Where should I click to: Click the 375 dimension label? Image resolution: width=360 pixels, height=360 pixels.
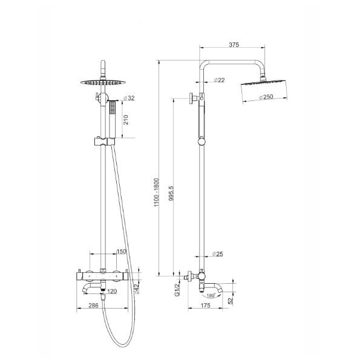point(234,45)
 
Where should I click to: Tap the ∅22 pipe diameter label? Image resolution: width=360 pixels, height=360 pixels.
point(219,80)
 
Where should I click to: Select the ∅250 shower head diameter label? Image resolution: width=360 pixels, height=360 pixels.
point(266,97)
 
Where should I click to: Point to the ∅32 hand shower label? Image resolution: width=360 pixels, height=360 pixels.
point(129,98)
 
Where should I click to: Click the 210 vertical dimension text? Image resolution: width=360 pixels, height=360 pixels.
point(126,120)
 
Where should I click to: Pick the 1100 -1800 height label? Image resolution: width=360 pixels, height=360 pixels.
point(156,192)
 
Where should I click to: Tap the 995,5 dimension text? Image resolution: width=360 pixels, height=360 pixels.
point(171,193)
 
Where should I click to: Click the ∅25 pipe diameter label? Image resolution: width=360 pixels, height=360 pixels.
point(218,254)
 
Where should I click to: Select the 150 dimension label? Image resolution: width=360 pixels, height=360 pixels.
point(122,252)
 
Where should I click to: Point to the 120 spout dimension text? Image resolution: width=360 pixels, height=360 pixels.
point(112,292)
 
